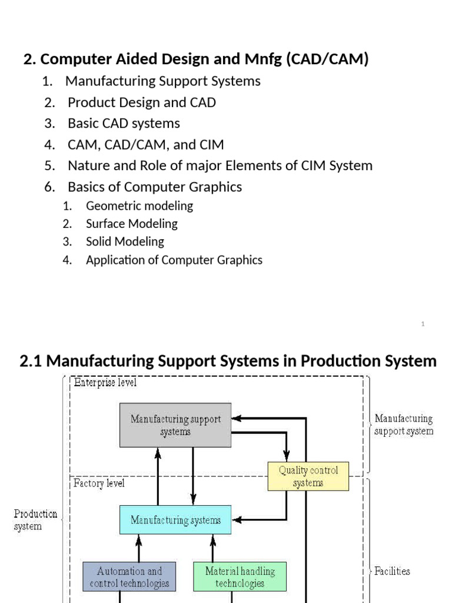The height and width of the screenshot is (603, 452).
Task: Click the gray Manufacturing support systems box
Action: tap(175, 425)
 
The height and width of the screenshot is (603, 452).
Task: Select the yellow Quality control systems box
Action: tap(308, 476)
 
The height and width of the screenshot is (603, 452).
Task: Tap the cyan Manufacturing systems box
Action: tap(175, 520)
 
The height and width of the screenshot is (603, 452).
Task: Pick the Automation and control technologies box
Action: tap(129, 577)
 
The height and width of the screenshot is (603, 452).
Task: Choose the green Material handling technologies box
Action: tap(240, 577)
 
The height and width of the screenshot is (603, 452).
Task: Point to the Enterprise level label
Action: tap(105, 383)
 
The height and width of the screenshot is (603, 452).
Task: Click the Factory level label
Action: tap(99, 483)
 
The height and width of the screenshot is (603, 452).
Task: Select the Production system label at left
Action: tap(35, 520)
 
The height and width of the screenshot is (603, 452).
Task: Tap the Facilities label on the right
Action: tap(392, 571)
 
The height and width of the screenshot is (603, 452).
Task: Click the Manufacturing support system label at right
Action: tap(404, 425)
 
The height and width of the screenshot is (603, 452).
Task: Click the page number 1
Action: tap(423, 324)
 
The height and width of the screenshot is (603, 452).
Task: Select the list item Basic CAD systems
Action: tap(124, 124)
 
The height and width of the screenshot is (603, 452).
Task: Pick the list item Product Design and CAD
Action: tap(142, 102)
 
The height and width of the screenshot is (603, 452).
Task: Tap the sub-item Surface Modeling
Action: tap(131, 224)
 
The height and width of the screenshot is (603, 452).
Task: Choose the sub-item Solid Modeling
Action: tap(125, 241)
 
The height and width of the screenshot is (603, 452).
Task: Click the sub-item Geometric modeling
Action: tap(139, 206)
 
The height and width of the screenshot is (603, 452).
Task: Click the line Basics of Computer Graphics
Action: tap(155, 187)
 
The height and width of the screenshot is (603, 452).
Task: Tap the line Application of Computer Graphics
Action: tap(174, 260)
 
